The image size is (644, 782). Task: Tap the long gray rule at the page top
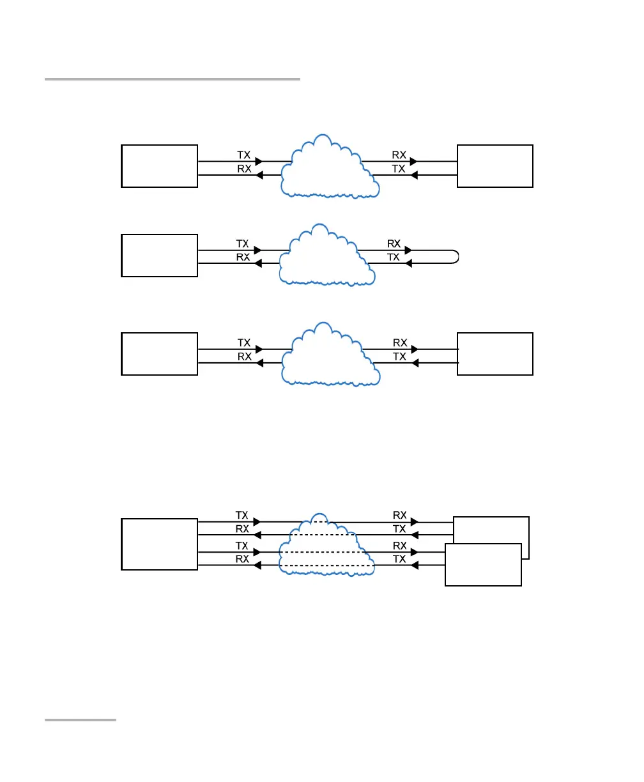(172, 79)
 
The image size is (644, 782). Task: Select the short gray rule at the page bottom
(80, 720)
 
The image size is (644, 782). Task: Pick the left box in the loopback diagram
(159, 255)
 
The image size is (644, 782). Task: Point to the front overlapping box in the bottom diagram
(483, 564)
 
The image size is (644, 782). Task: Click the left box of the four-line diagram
(159, 544)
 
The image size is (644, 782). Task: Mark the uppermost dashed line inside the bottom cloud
(326, 521)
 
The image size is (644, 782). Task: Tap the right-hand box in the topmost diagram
(495, 166)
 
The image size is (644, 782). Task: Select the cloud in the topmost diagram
(330, 167)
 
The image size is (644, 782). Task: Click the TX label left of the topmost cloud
(244, 155)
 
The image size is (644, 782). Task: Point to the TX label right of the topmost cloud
(399, 169)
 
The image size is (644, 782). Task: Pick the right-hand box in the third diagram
(495, 353)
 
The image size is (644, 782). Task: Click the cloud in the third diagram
(330, 355)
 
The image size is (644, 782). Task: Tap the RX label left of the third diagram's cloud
(244, 357)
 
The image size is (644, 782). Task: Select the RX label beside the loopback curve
(394, 243)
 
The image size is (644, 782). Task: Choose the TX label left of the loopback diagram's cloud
(243, 243)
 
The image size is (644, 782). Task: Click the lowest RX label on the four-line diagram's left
(242, 558)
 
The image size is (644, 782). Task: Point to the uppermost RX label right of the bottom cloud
(400, 514)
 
